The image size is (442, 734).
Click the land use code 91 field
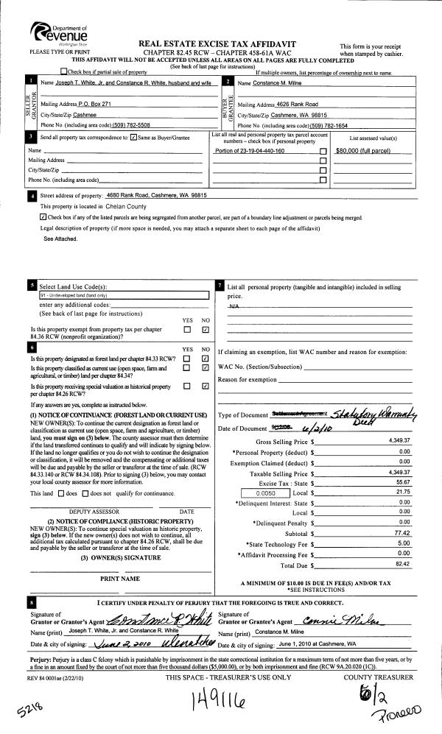[124, 294]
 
